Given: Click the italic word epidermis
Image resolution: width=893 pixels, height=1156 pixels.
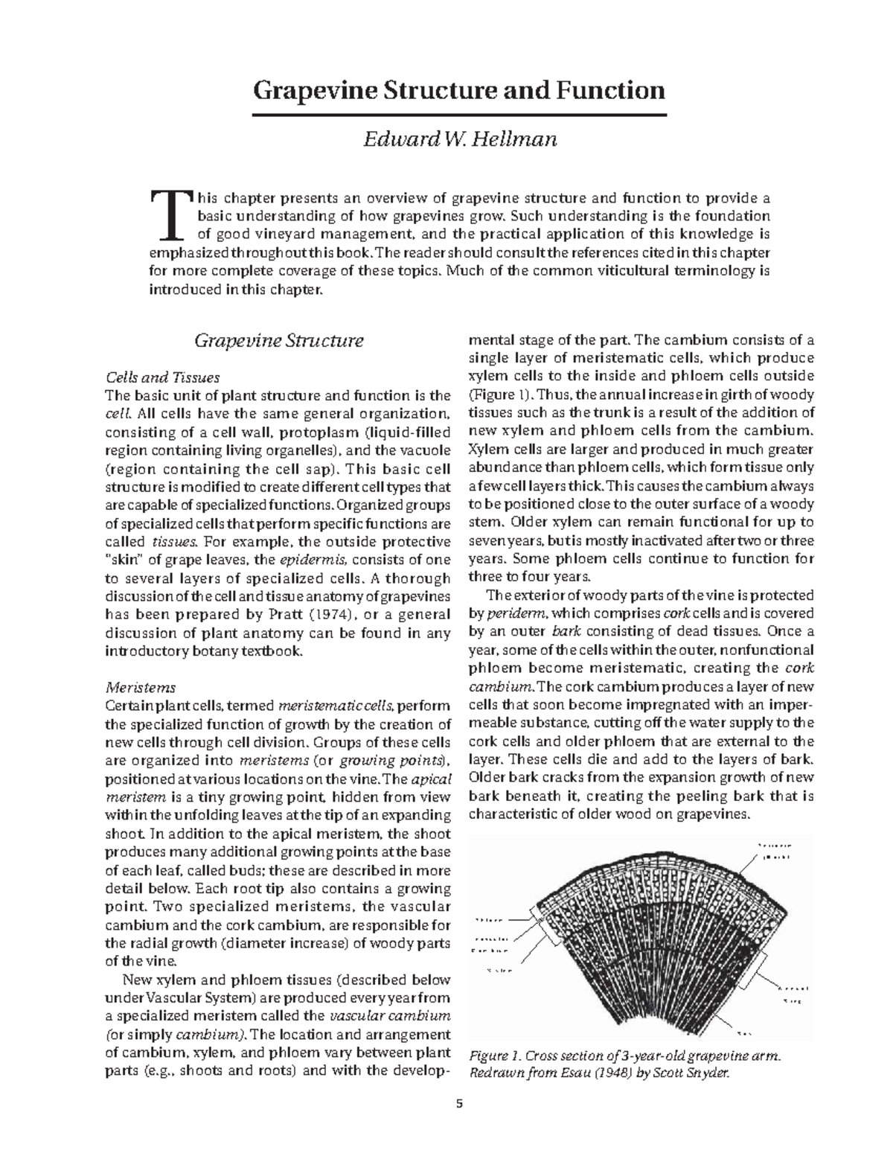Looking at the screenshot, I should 310,560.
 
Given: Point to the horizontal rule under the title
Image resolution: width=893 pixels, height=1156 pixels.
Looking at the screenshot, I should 459,116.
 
